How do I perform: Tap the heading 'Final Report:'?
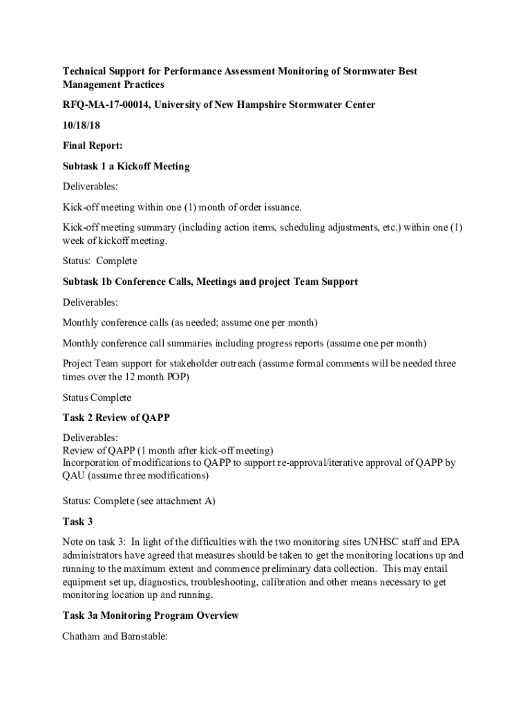pyautogui.click(x=93, y=146)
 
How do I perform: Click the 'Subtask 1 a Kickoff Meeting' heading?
pyautogui.click(x=126, y=166)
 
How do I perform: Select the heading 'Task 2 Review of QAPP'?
pyautogui.click(x=116, y=418)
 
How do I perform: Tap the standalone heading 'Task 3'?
pyautogui.click(x=77, y=521)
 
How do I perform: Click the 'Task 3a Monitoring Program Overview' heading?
pyautogui.click(x=151, y=615)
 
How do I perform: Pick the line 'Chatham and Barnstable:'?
pyautogui.click(x=115, y=636)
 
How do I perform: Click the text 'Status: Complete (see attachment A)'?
pyautogui.click(x=139, y=501)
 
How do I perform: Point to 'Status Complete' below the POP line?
pyautogui.click(x=97, y=398)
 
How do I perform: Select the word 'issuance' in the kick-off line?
pyautogui.click(x=282, y=207)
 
